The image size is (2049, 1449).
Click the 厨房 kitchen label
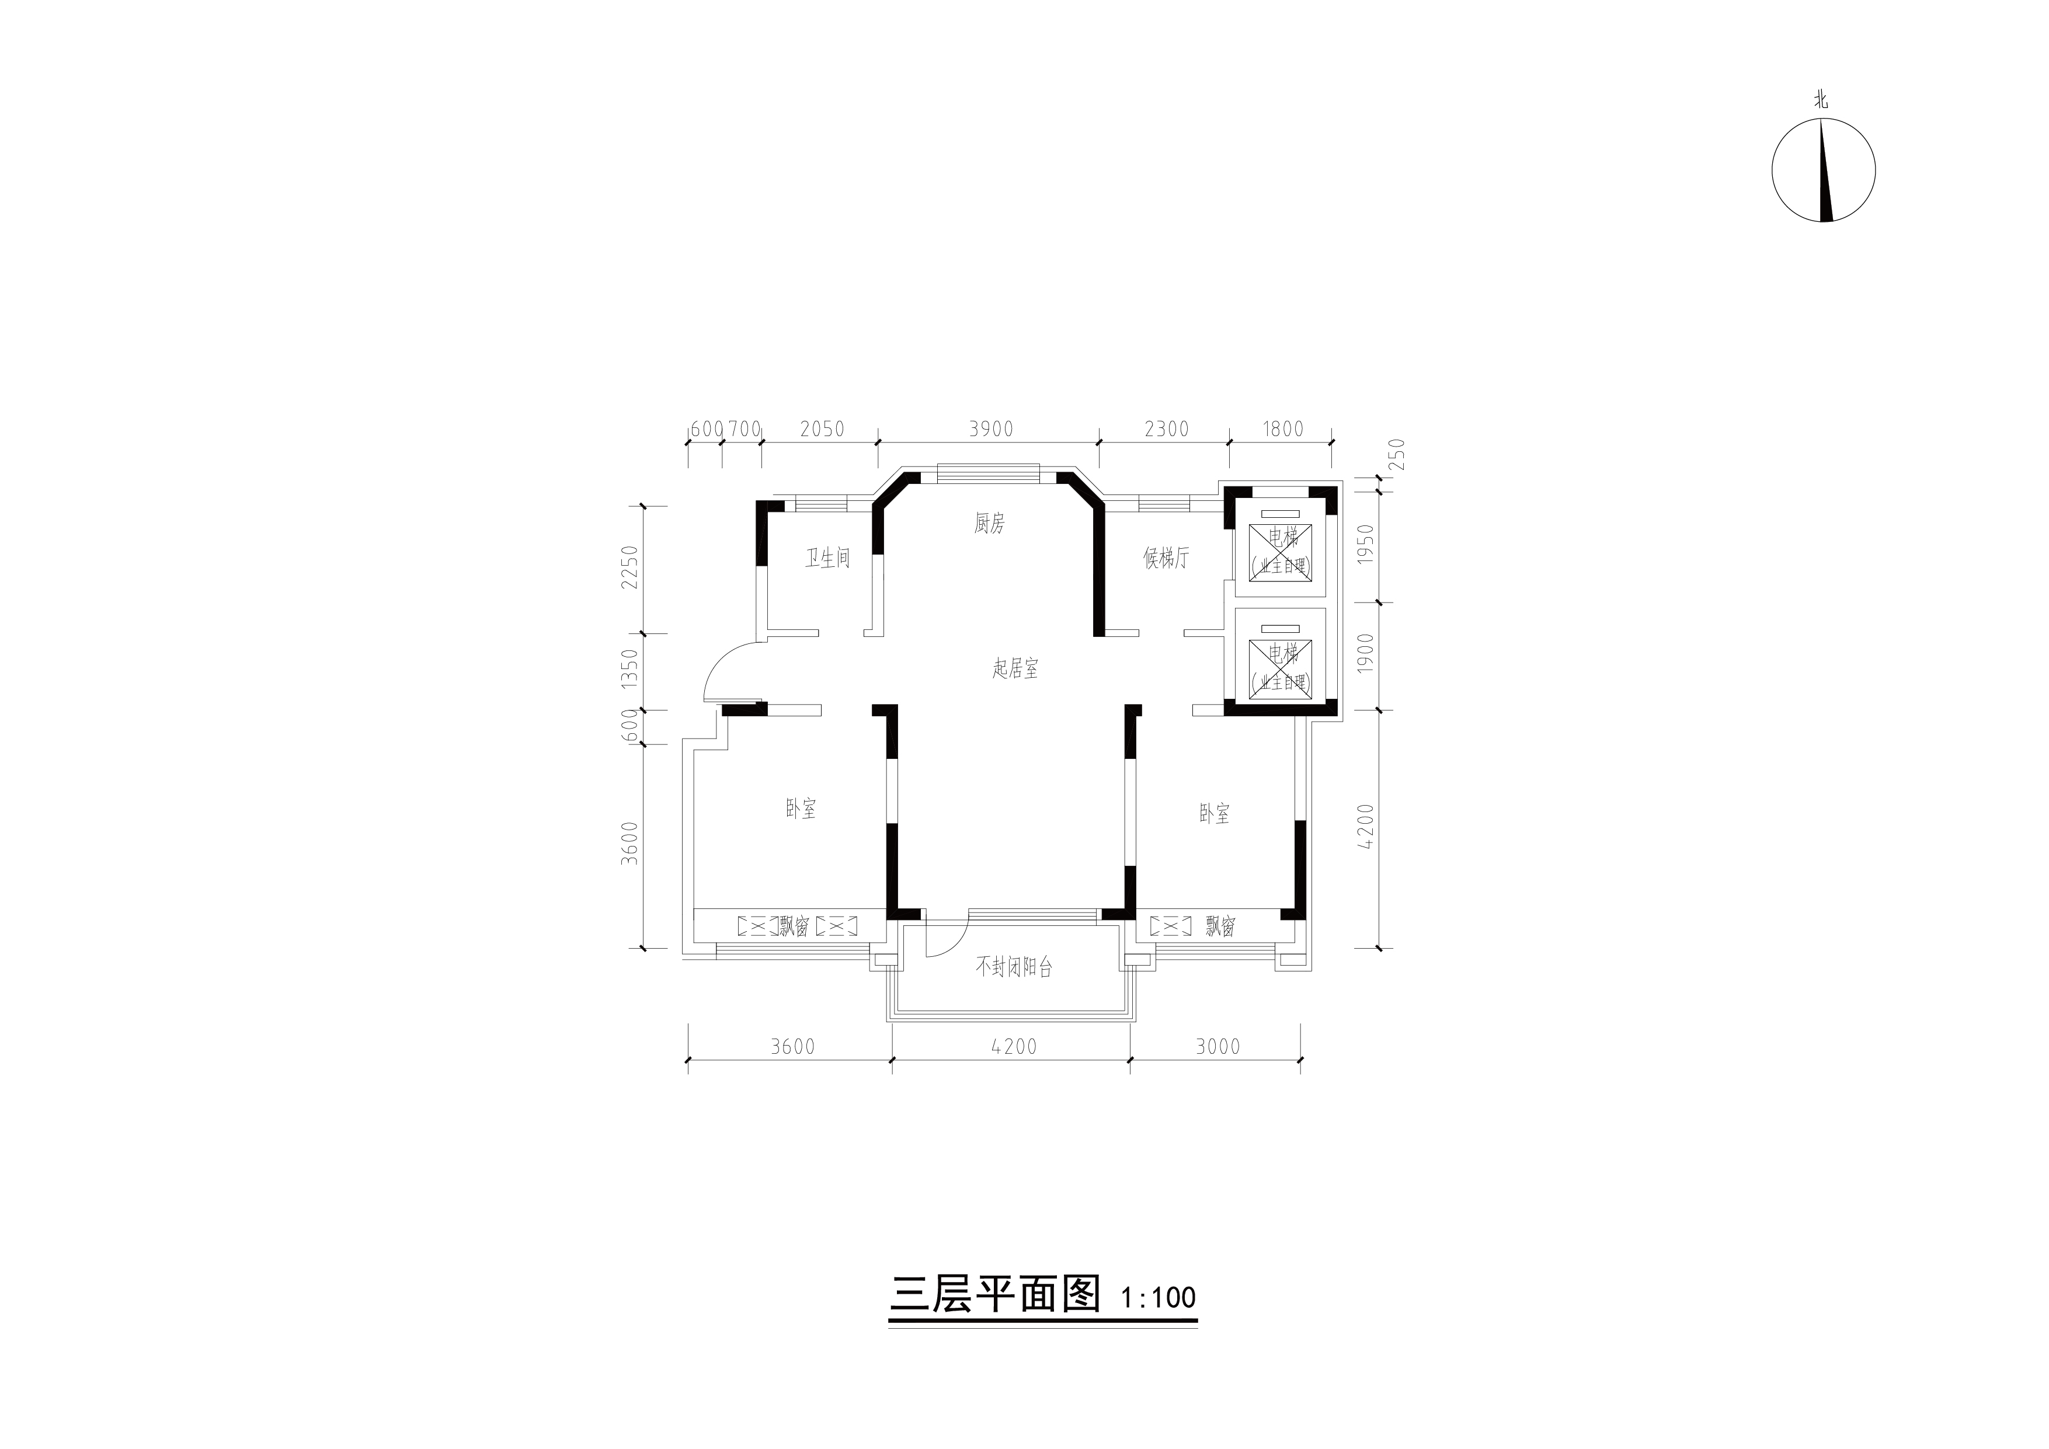pyautogui.click(x=989, y=524)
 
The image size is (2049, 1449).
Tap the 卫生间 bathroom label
pyautogui.click(x=827, y=559)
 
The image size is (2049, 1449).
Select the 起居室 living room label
pyautogui.click(x=1015, y=668)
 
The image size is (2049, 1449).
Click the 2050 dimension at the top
pyautogui.click(x=822, y=429)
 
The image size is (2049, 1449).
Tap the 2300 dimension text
pyautogui.click(x=1167, y=429)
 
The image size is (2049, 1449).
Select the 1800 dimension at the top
pyautogui.click(x=1282, y=429)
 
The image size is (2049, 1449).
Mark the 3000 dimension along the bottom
pyautogui.click(x=1218, y=1047)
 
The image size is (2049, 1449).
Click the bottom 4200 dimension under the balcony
pyautogui.click(x=1014, y=1047)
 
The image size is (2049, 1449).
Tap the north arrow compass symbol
pyautogui.click(x=1823, y=170)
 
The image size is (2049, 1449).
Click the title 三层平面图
pyautogui.click(x=995, y=1294)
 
